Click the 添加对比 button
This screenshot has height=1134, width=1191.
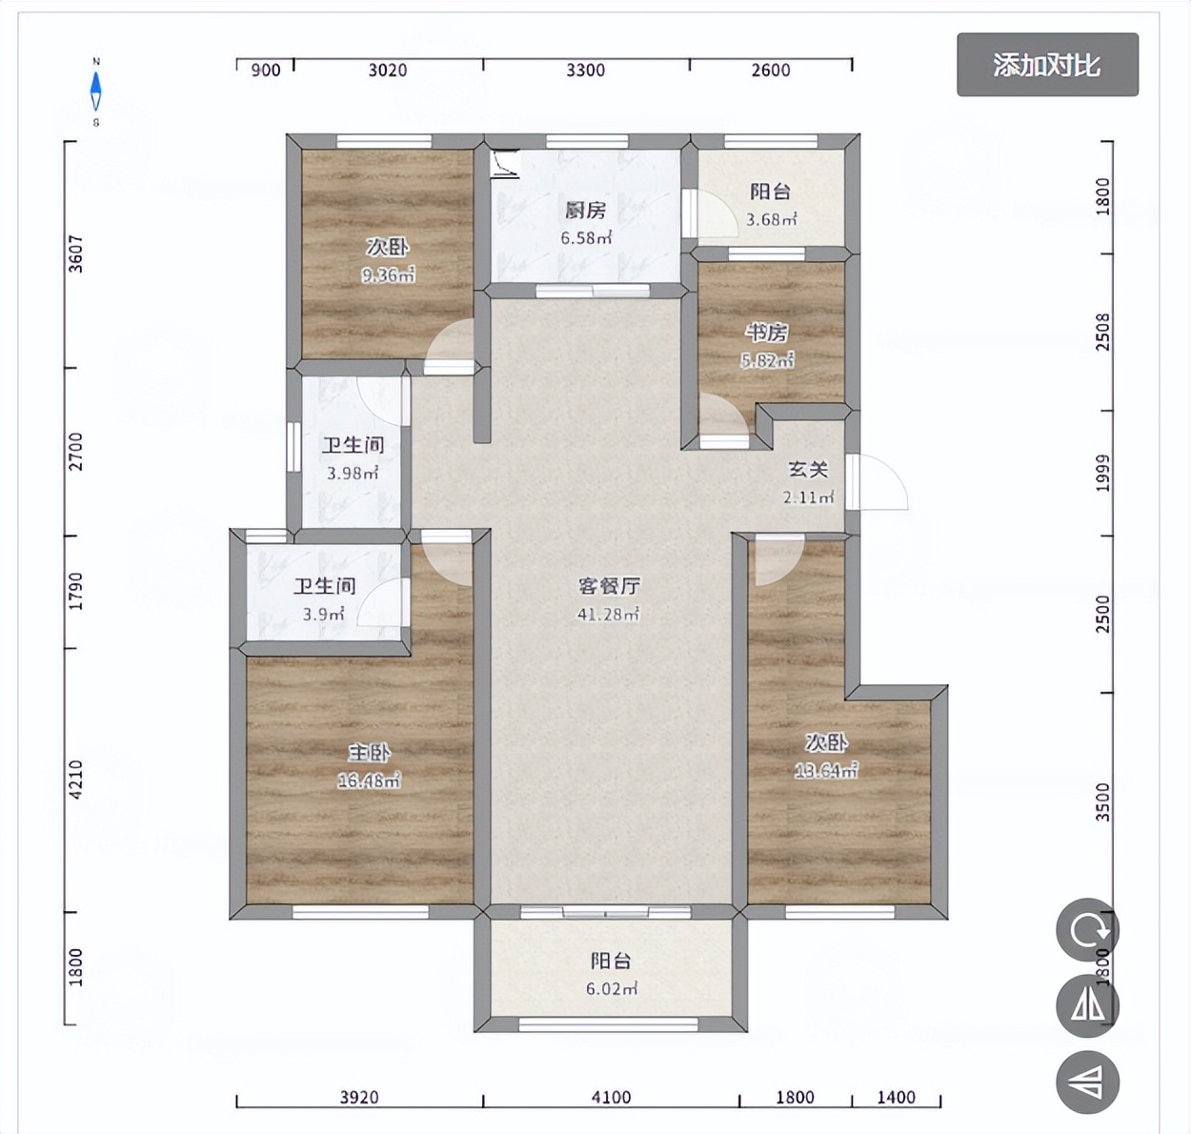tap(1047, 65)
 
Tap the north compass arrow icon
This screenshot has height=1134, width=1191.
tap(95, 91)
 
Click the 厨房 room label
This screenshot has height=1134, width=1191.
tap(585, 211)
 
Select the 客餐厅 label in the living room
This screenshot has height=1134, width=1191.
tap(608, 586)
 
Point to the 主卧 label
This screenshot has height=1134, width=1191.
tap(369, 753)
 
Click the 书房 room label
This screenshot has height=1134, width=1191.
tap(767, 333)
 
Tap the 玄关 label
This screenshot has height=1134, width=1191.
tap(807, 470)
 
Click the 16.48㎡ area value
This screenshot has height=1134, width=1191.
tap(369, 781)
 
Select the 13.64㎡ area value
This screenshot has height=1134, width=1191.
tap(826, 771)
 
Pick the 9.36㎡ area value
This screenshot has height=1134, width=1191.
tap(388, 276)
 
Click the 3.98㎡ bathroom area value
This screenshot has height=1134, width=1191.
tap(353, 473)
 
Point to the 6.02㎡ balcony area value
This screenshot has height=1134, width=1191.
tap(611, 989)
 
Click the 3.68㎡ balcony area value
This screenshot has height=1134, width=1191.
tap(771, 219)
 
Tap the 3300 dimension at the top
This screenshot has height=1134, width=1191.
tap(585, 70)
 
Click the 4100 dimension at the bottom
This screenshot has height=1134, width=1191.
tap(611, 1097)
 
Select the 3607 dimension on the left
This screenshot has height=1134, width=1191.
tap(76, 254)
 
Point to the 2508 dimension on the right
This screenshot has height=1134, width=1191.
tap(1102, 332)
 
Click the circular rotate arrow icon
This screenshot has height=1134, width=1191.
tap(1087, 929)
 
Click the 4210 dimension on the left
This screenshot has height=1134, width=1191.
tap(76, 780)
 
